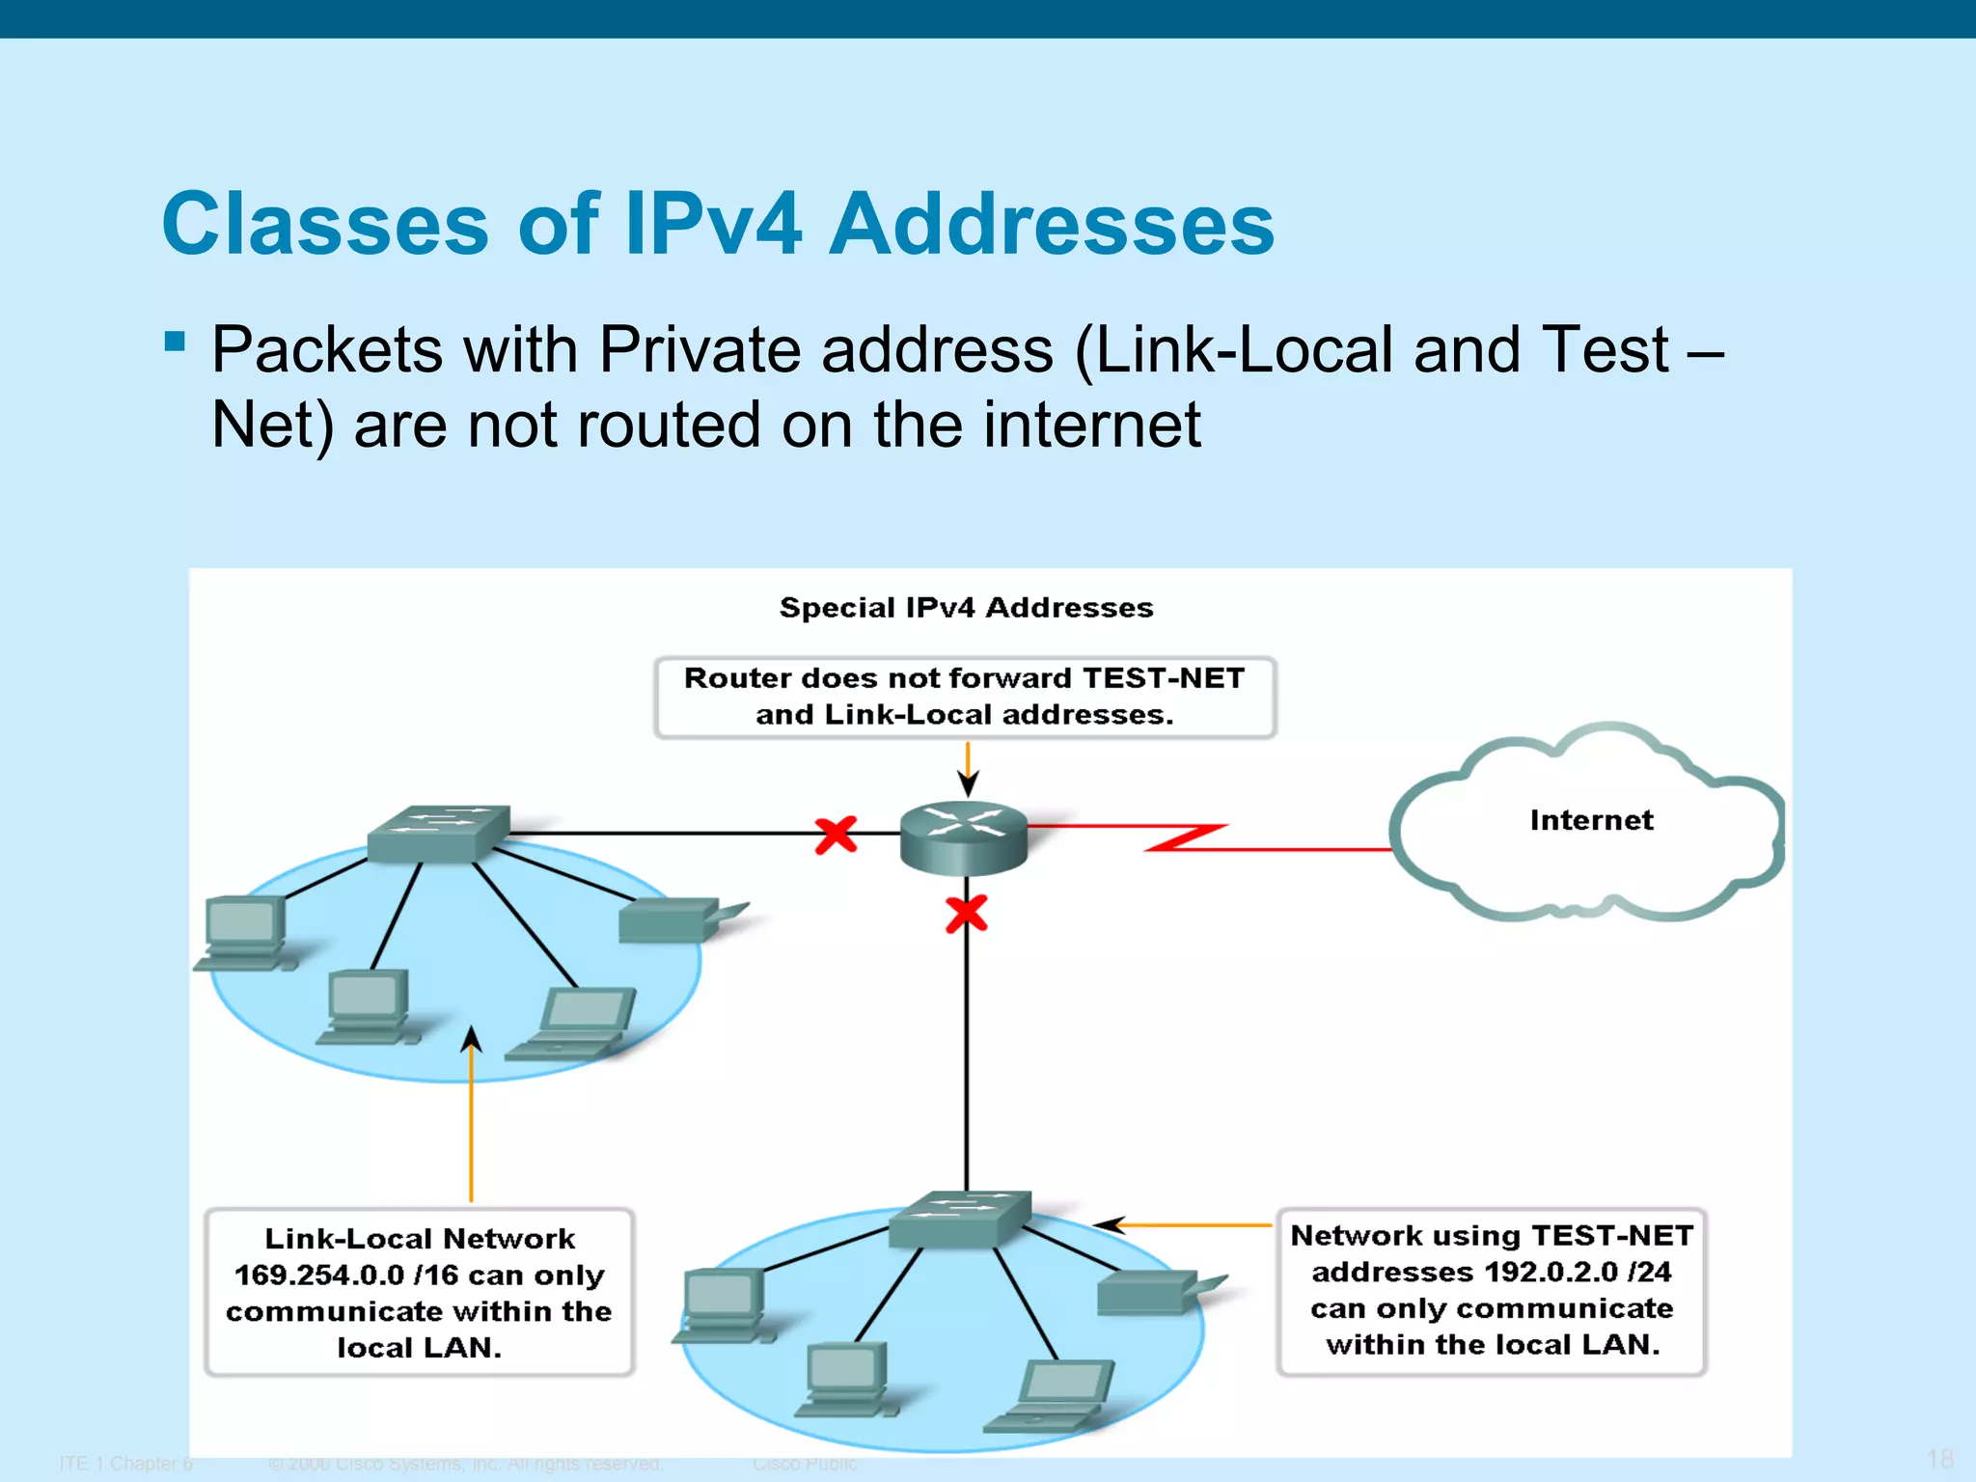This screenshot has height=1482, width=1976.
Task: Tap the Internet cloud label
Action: pos(1591,820)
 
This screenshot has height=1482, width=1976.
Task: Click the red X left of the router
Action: pos(836,835)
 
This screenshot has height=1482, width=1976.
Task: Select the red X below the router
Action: pos(966,913)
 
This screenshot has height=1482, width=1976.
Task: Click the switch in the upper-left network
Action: pos(439,832)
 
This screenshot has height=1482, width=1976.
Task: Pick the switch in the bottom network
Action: pos(959,1218)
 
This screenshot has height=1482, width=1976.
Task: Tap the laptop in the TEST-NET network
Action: pos(1057,1395)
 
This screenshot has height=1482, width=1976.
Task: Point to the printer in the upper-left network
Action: pos(675,919)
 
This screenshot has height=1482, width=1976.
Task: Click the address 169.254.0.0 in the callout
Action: pos(319,1276)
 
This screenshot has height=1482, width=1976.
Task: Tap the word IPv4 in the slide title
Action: pos(712,224)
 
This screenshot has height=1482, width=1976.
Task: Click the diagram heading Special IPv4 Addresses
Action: pos(966,608)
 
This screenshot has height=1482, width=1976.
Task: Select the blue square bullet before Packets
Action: pos(175,342)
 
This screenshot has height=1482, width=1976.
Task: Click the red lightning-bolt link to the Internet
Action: pos(1187,837)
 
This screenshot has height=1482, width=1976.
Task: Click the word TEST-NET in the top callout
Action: pos(1163,678)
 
